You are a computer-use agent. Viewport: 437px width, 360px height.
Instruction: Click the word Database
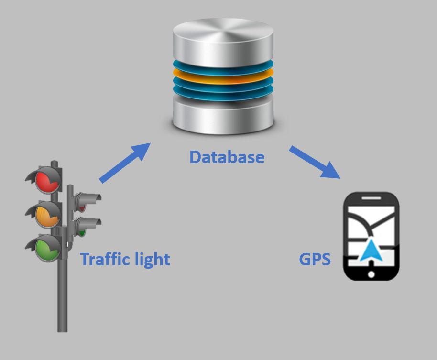pos(227,157)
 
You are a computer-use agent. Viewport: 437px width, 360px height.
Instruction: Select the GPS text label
pos(315,260)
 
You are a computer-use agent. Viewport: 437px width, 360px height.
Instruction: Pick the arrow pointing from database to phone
pos(316,163)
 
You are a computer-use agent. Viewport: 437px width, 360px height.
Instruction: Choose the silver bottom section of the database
pos(223,115)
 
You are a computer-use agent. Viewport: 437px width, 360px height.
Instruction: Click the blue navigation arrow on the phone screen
pos(371,251)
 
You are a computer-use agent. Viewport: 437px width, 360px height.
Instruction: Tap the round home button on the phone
pos(371,274)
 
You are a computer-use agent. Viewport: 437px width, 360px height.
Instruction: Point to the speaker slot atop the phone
pos(371,197)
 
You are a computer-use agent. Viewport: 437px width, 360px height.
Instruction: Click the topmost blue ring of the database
pos(223,65)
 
